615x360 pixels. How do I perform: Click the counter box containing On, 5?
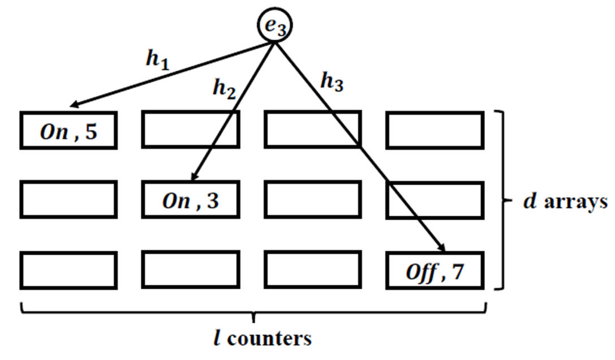click(68, 131)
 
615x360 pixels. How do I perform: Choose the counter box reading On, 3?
click(191, 199)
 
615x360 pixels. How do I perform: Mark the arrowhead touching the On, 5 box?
click(72, 105)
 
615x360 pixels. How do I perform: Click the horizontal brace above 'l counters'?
click(253, 310)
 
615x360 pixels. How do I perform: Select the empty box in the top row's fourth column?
click(435, 131)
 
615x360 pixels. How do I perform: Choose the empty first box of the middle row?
click(68, 199)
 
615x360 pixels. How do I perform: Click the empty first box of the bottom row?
click(68, 271)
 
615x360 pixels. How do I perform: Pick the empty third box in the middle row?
click(313, 199)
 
